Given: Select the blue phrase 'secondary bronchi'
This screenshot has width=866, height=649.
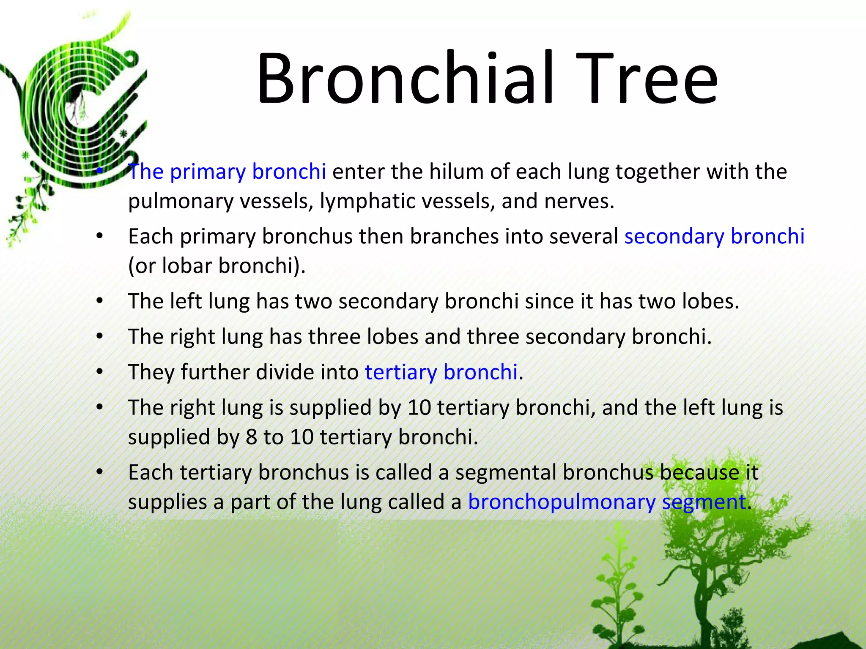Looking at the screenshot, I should click(x=714, y=236).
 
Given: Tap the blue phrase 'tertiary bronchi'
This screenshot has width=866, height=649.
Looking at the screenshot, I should click(x=441, y=372).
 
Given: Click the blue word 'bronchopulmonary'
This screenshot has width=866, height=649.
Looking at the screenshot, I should click(x=562, y=502).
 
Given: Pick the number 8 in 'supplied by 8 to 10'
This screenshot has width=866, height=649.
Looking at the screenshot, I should click(x=251, y=437).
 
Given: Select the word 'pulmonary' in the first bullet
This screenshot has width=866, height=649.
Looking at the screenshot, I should click(x=181, y=201).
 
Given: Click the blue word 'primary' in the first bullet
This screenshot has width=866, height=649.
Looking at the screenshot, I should click(x=208, y=172).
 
